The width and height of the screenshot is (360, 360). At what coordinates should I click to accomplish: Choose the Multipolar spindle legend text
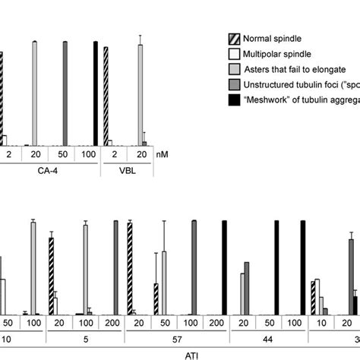(x=281, y=55)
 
